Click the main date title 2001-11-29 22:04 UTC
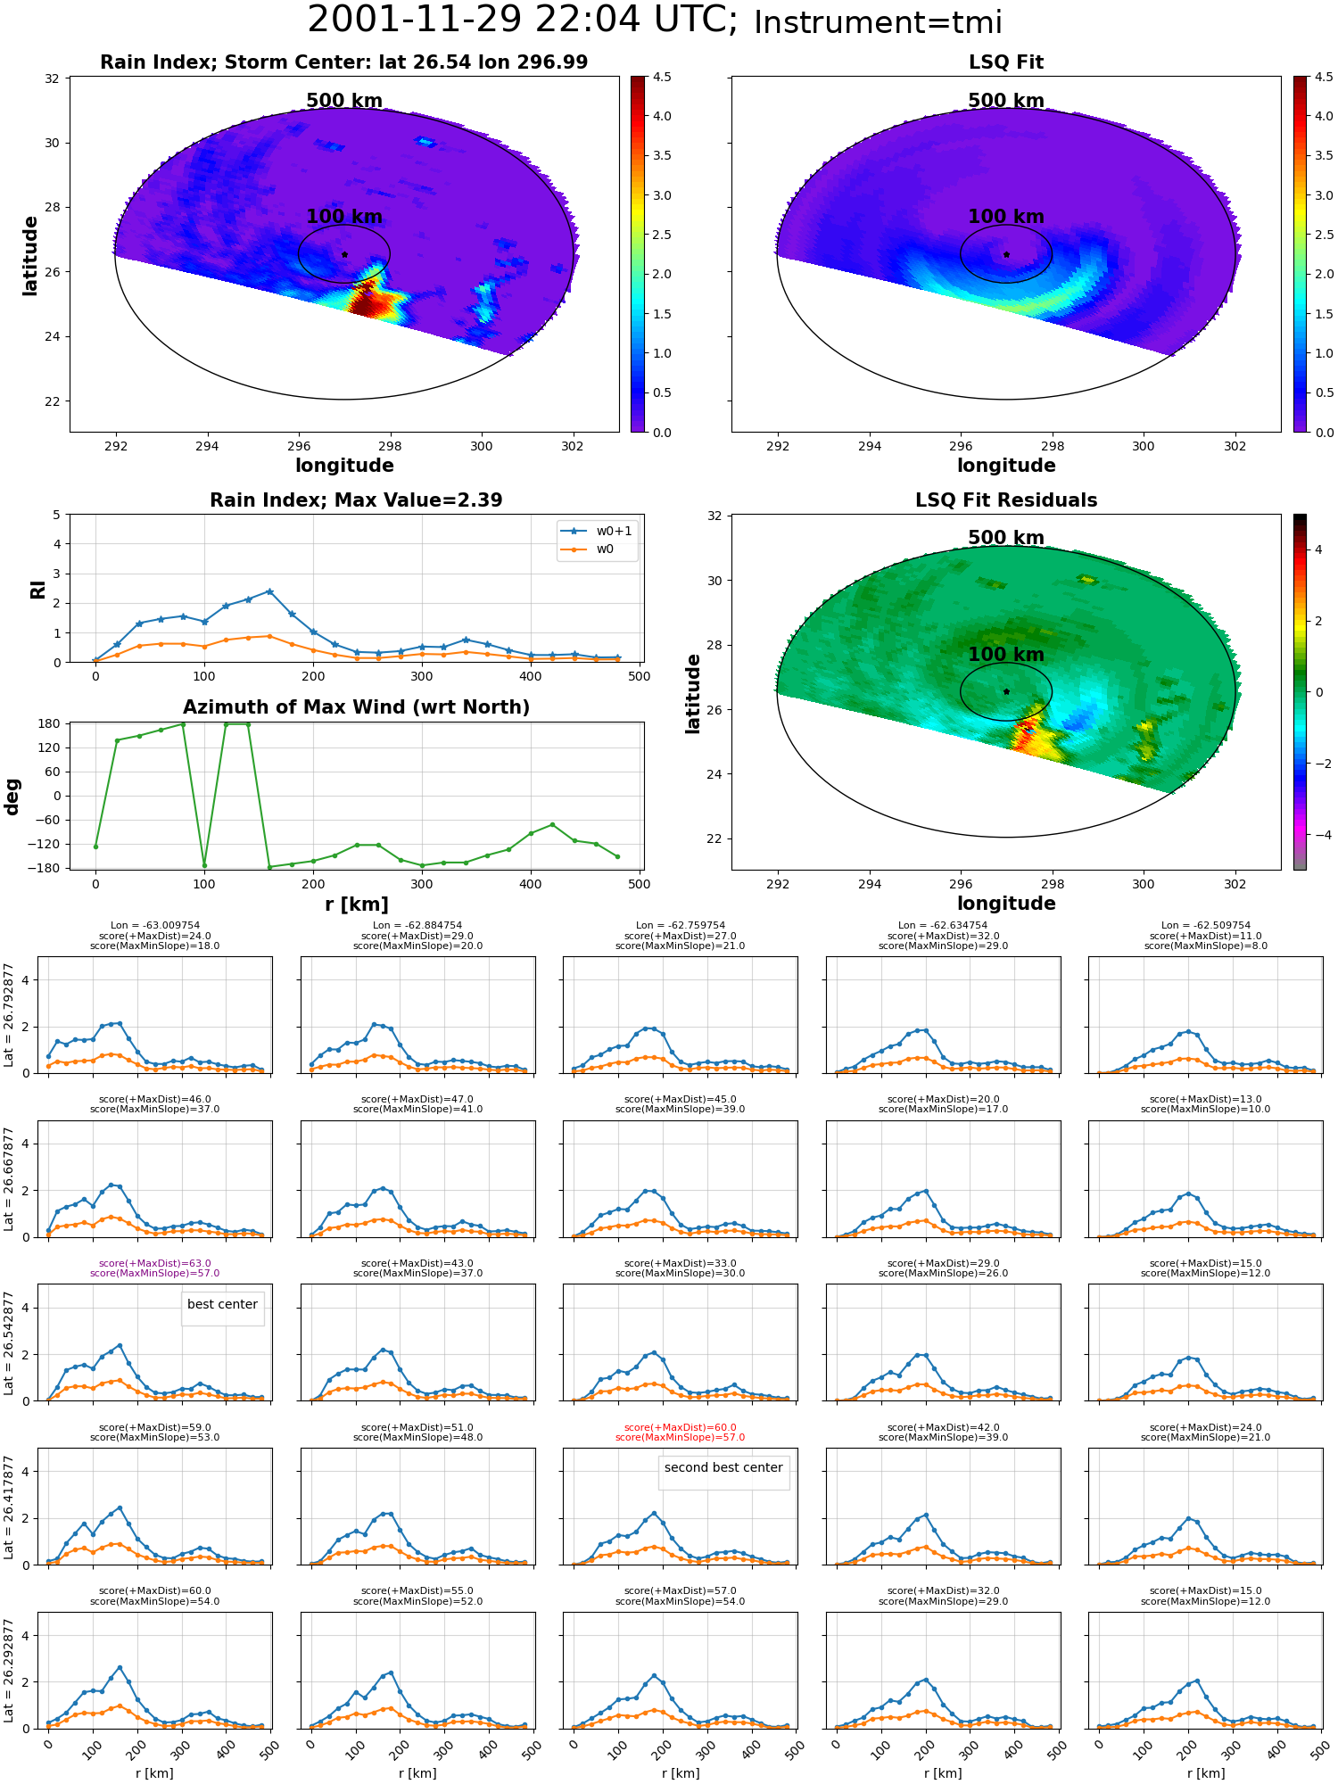(523, 21)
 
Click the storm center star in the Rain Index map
(344, 254)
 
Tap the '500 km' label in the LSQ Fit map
(1006, 101)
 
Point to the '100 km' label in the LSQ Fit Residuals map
(1006, 654)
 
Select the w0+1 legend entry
(597, 531)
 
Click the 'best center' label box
(222, 1304)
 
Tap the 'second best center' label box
(723, 1467)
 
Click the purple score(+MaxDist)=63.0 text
(155, 1263)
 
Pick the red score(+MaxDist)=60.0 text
(681, 1427)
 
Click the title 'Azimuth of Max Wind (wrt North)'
(356, 707)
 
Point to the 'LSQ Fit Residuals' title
(1006, 500)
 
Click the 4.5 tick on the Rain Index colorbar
(662, 78)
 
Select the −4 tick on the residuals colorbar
(1318, 835)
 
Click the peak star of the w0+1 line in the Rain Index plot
(269, 591)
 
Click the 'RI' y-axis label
(37, 589)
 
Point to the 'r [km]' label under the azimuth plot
(356, 904)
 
